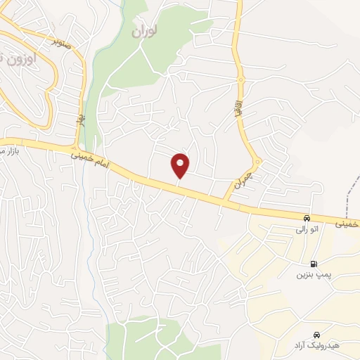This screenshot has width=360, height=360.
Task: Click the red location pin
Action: click(x=181, y=165)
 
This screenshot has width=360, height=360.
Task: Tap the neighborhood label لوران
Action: click(x=146, y=31)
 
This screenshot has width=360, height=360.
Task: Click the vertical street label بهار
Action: click(x=82, y=122)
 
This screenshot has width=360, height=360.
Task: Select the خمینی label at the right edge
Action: click(x=347, y=224)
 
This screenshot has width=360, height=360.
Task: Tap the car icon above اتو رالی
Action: click(x=307, y=217)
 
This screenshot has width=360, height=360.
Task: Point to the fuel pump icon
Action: click(x=313, y=264)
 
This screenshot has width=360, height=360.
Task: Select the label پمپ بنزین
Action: click(x=313, y=276)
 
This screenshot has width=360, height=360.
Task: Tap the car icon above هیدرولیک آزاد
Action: click(x=316, y=334)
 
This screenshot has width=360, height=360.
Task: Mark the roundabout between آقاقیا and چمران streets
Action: click(x=258, y=162)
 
